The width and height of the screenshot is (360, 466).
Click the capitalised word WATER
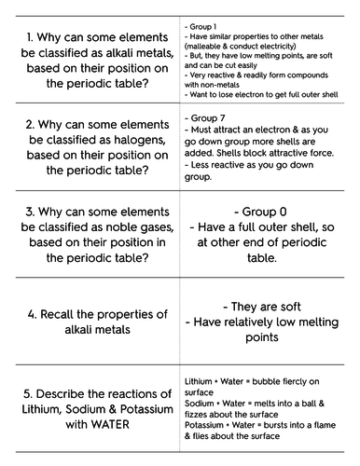(x=134, y=422)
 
